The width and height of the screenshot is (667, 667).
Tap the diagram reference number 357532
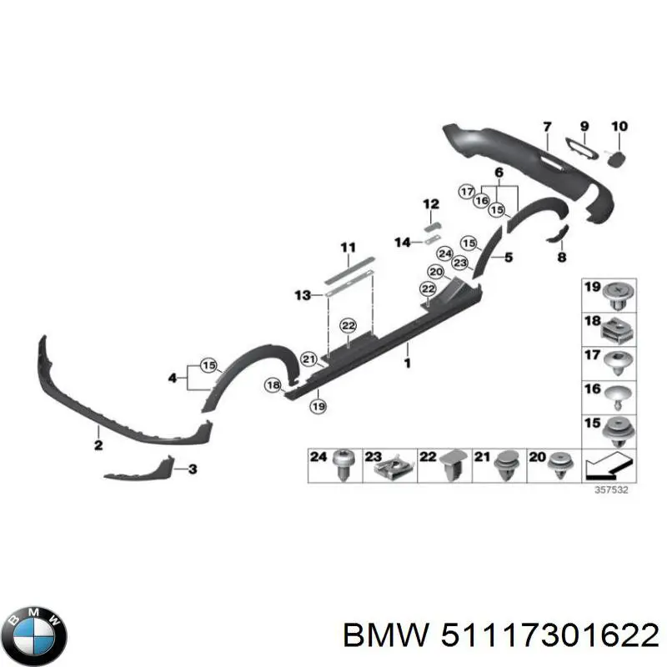611,490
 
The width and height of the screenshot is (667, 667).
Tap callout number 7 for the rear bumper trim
548,127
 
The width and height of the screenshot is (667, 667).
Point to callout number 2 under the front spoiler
98,446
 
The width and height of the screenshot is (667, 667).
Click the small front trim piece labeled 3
138,470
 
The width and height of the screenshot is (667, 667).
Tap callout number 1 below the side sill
407,363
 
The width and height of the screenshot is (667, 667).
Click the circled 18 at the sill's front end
273,384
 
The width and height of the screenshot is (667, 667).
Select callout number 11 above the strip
348,247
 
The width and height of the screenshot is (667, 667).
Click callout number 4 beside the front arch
173,378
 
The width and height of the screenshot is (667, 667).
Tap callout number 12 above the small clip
429,204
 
